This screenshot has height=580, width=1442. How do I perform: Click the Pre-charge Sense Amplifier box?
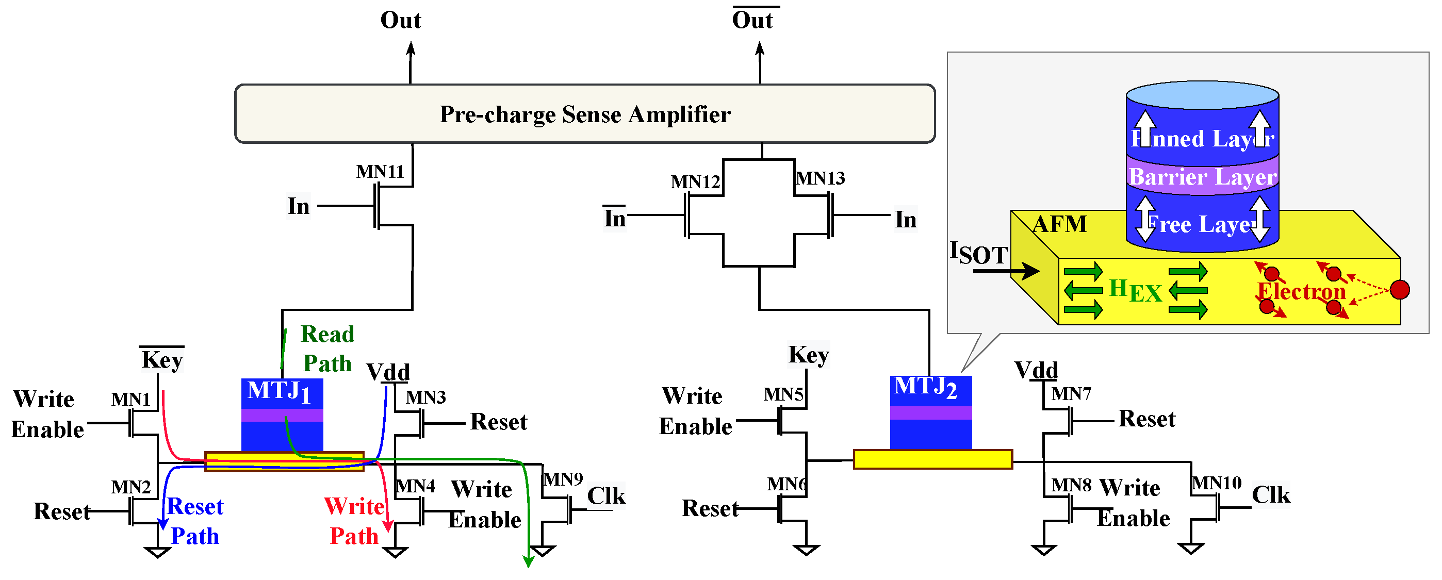click(x=584, y=114)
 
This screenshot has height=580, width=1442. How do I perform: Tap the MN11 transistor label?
click(x=380, y=171)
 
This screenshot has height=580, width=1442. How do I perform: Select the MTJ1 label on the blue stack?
click(x=279, y=391)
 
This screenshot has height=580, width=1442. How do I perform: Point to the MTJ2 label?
click(x=925, y=387)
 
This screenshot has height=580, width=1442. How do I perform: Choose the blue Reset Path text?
click(x=195, y=521)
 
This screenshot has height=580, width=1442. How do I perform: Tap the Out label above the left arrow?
click(x=400, y=21)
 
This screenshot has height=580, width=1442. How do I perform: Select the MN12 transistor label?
click(x=695, y=182)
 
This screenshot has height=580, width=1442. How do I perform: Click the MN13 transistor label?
click(x=820, y=178)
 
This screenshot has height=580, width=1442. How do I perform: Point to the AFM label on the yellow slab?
click(x=1059, y=224)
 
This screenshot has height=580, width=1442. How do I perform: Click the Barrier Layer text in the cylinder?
click(x=1202, y=177)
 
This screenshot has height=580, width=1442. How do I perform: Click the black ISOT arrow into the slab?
click(x=1005, y=272)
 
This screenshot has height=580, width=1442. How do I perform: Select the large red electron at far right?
click(x=1400, y=290)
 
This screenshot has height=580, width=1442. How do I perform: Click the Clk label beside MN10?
click(x=1271, y=495)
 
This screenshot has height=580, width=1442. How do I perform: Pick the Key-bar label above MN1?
click(x=162, y=359)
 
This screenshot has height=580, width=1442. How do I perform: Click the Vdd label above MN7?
click(x=1036, y=371)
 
